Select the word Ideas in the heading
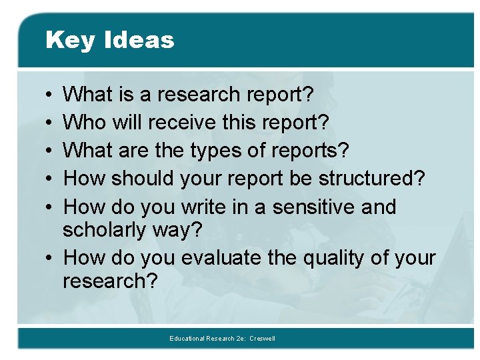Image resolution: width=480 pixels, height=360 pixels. [139, 40]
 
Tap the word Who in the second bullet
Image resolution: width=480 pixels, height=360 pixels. [85, 122]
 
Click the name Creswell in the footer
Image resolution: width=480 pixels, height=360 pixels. [262, 339]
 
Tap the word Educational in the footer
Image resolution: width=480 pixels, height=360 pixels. [188, 339]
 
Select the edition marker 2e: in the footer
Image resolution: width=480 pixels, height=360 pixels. [241, 339]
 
